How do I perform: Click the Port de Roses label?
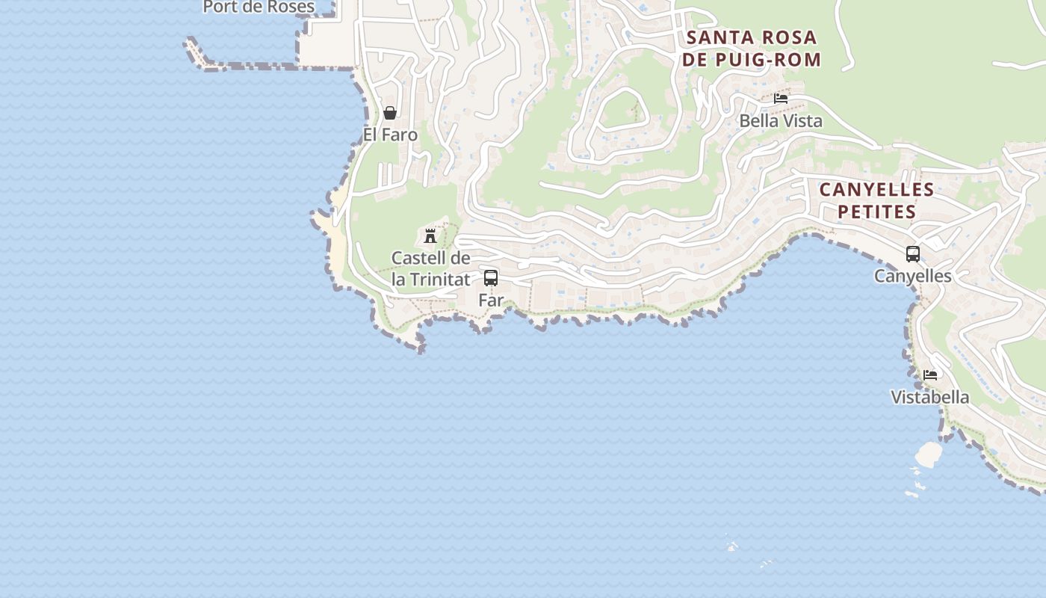259,7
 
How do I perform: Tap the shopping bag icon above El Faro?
390,113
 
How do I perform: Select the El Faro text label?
390,135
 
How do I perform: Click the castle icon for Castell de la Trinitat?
430,236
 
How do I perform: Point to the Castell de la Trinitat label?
431,269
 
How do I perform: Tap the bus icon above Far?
491,278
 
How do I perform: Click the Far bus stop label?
491,300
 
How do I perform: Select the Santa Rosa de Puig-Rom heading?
752,49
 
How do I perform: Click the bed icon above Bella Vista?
781,99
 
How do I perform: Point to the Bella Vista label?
781,121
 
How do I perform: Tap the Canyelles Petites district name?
876,201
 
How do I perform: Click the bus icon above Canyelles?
913,254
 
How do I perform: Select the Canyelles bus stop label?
913,277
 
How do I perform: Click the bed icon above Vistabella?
930,375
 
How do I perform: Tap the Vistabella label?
930,397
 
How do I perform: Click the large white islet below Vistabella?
929,453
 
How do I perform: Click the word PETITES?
876,212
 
